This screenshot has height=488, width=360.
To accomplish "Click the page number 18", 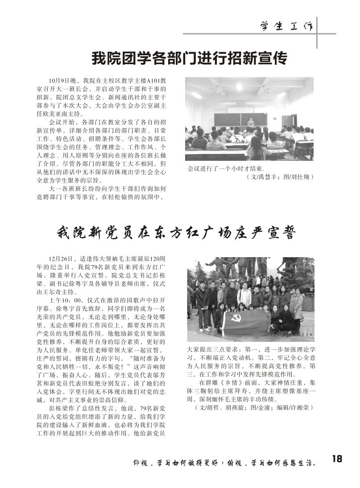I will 337,459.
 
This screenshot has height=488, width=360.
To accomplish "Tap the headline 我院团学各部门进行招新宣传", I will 189,58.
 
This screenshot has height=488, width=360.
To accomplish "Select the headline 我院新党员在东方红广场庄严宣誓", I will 177,233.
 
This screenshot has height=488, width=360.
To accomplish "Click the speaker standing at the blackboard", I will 251,121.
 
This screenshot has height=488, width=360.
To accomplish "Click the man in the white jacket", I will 244,296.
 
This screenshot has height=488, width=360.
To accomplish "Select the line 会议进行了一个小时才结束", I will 226,169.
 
